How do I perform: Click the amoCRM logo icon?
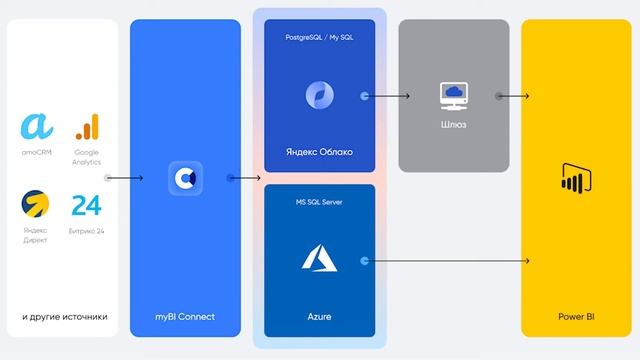tap(37, 127)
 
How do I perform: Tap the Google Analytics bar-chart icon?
tap(87, 127)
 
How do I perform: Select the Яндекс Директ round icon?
tap(36, 205)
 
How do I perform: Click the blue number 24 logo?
tap(86, 205)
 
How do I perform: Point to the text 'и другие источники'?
tap(64, 317)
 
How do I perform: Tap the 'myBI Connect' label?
tap(185, 317)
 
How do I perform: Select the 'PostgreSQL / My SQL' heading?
tap(320, 36)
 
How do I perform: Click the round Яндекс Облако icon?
tap(320, 95)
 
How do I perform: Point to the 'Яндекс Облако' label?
tap(320, 152)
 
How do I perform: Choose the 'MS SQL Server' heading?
tap(320, 203)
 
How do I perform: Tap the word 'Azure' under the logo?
tap(320, 317)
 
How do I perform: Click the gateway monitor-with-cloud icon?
tap(453, 95)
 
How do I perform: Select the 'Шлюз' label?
tap(453, 126)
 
